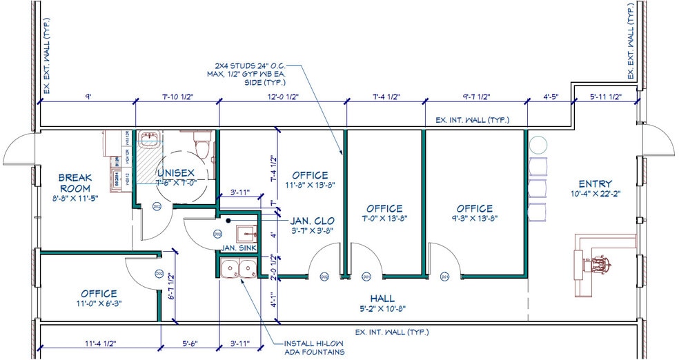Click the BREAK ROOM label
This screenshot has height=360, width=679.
[75, 183]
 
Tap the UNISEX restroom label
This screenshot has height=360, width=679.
[176, 172]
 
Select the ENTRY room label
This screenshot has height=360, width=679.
[596, 183]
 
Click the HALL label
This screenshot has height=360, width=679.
[382, 298]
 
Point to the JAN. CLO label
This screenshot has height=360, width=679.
[313, 221]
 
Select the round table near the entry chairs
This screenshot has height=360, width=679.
[538, 144]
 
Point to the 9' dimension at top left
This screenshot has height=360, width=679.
[88, 97]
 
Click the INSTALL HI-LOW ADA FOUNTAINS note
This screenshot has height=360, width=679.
[314, 348]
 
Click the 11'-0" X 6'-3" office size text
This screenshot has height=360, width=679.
[99, 303]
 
